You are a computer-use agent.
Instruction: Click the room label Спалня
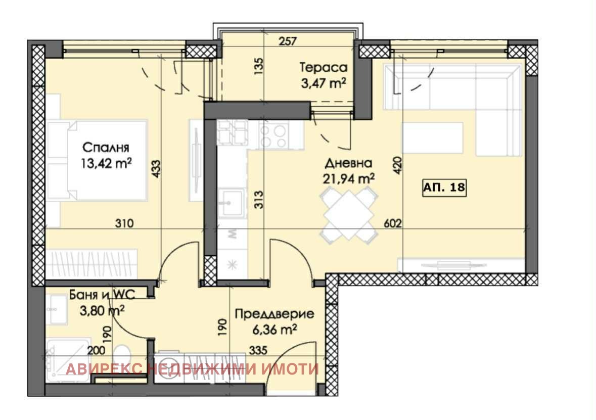[106, 148]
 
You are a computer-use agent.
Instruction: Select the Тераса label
[323, 68]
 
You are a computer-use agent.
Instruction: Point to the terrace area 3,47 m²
[323, 83]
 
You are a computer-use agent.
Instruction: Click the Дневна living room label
[348, 163]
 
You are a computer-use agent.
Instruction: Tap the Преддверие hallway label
[274, 314]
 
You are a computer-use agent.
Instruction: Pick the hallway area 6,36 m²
[274, 330]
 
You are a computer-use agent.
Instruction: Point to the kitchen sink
[232, 202]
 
